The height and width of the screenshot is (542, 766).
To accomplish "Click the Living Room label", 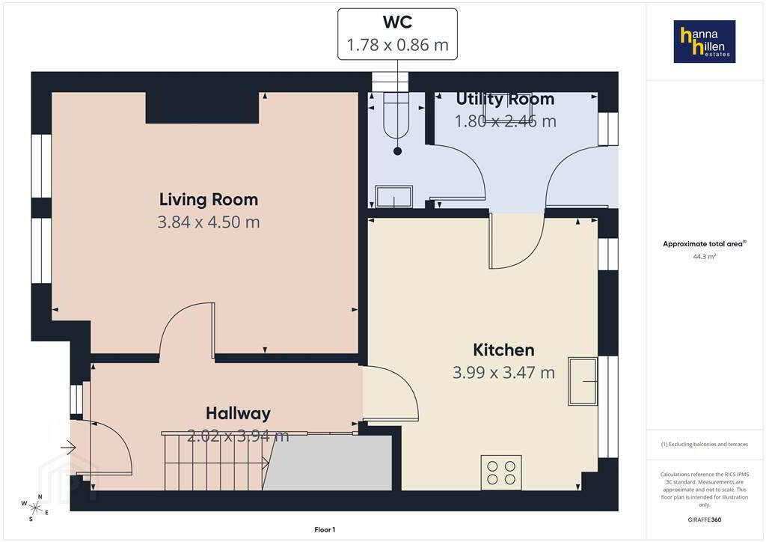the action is click(209, 199).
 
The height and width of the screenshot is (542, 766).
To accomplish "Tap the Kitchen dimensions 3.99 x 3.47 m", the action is click(503, 372).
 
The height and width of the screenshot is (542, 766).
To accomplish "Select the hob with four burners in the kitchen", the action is click(501, 472).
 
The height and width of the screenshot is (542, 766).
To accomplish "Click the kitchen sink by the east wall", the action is click(583, 381).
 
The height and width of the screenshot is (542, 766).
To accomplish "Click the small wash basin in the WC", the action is click(393, 196).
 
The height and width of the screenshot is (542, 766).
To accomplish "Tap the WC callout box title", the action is click(398, 22).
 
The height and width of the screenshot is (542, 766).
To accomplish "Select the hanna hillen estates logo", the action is click(705, 41).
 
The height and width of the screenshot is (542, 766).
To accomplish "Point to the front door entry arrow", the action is click(69, 447).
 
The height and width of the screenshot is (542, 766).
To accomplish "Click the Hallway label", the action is click(238, 413).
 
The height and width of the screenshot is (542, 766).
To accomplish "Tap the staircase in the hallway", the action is click(215, 461).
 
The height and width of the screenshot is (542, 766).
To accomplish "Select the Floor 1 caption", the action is click(325, 530).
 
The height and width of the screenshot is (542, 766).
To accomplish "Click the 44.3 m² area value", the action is click(705, 257).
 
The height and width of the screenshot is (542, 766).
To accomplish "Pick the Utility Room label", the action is click(505, 100).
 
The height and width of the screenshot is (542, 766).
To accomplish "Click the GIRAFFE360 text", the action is click(705, 520).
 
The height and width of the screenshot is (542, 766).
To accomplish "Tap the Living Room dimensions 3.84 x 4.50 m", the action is click(209, 222).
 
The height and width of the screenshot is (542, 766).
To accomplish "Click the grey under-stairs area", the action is click(328, 463).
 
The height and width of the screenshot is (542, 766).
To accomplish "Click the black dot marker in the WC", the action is click(398, 151).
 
